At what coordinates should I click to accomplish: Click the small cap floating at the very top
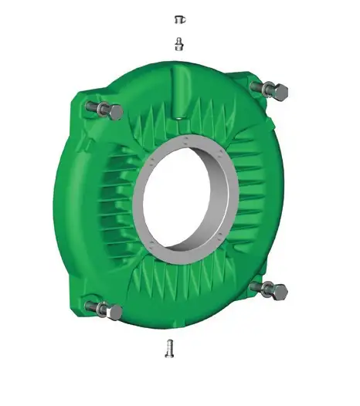click(x=178, y=18)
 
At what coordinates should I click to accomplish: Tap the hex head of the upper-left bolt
click(x=115, y=112)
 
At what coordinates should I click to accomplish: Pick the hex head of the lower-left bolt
click(x=115, y=312)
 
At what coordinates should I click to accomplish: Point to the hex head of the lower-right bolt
click(x=279, y=291)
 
